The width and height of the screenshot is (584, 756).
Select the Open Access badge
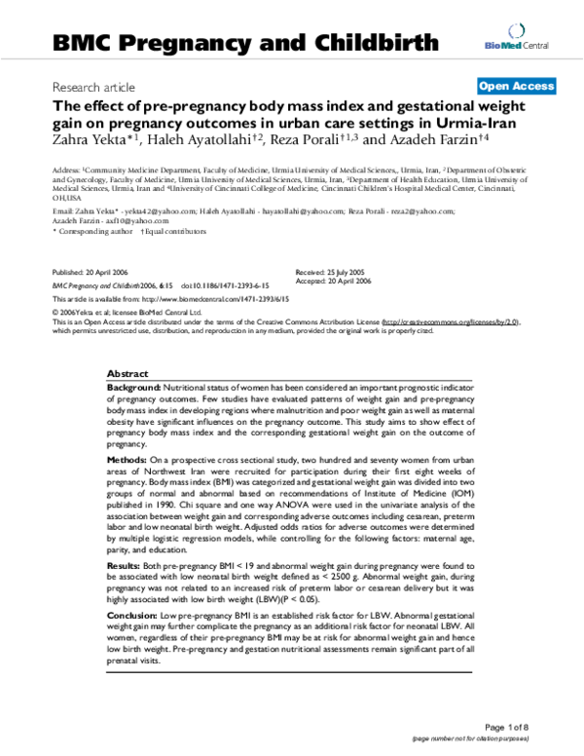[517, 87]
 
